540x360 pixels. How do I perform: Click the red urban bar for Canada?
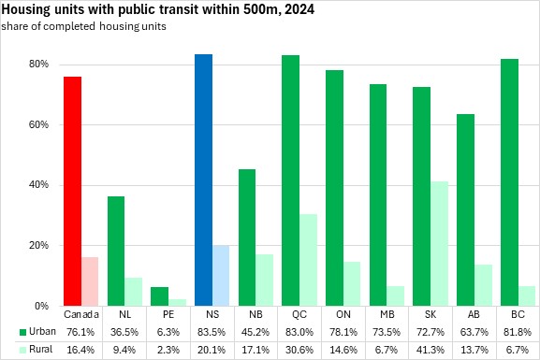(x=73, y=191)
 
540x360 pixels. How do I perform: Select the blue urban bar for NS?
(x=203, y=180)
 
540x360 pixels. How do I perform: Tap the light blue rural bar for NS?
(x=221, y=276)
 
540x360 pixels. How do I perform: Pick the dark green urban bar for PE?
(x=159, y=296)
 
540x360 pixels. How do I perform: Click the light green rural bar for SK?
(x=439, y=244)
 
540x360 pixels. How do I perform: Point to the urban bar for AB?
(x=466, y=210)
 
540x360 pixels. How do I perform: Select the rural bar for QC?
(x=308, y=260)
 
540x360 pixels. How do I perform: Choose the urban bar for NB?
(x=247, y=238)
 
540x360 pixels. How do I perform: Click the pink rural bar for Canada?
(x=90, y=281)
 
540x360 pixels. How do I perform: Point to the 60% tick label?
(x=38, y=124)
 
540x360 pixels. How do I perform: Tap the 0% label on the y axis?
(x=42, y=306)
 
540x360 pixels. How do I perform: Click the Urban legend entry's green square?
(x=22, y=332)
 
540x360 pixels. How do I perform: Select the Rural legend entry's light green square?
(x=22, y=350)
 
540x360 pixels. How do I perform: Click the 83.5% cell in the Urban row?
(x=212, y=332)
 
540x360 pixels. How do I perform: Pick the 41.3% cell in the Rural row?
(x=431, y=350)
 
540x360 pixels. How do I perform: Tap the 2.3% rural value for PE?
(x=168, y=350)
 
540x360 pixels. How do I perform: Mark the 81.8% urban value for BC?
(x=518, y=332)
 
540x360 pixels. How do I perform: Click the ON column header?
(x=343, y=314)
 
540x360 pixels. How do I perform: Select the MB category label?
(x=387, y=314)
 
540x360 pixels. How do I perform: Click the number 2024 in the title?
(x=299, y=9)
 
